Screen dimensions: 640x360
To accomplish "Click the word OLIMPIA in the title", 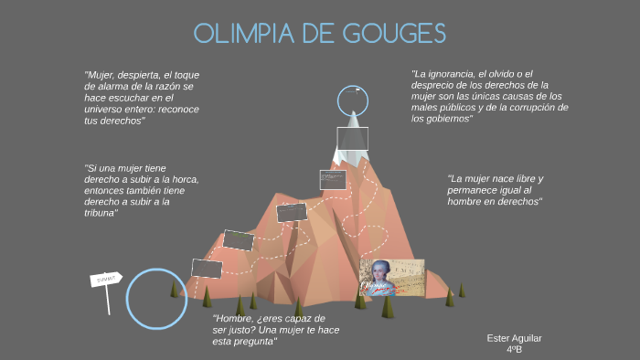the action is click(x=239, y=34).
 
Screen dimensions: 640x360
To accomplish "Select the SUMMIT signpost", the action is click(x=106, y=279).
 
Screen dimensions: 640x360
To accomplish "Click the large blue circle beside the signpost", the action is click(x=156, y=298).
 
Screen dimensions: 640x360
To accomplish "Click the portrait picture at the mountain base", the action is click(x=391, y=277).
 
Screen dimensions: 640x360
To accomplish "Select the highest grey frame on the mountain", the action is click(x=352, y=138).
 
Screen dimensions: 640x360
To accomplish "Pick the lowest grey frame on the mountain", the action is click(x=207, y=268).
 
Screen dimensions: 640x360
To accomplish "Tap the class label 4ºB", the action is click(x=514, y=349).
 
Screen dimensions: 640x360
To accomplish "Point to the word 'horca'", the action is click(x=183, y=179).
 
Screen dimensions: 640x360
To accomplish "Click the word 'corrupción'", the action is click(x=527, y=107).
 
